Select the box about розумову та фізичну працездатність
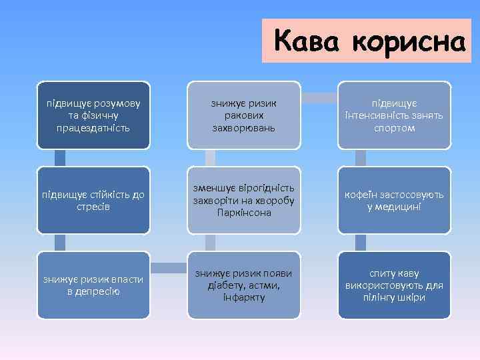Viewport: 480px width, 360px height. click(93, 115)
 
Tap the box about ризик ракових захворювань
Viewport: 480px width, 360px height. click(244, 115)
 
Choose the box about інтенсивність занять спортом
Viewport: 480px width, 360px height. click(394, 115)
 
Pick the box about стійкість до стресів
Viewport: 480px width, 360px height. click(93, 200)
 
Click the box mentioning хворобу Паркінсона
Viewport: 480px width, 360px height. click(244, 200)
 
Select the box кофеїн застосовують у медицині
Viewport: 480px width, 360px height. click(394, 200)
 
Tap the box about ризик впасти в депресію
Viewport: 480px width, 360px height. click(93, 285)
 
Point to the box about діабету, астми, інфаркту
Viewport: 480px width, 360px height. click(244, 285)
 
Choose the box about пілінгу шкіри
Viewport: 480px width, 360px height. click(394, 285)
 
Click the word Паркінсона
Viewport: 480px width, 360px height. click(244, 213)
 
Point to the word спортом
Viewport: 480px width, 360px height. click(394, 127)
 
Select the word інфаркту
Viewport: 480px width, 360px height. click(244, 297)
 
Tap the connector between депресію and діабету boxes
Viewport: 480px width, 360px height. click(169, 268)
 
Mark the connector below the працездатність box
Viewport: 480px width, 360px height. click(60, 158)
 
